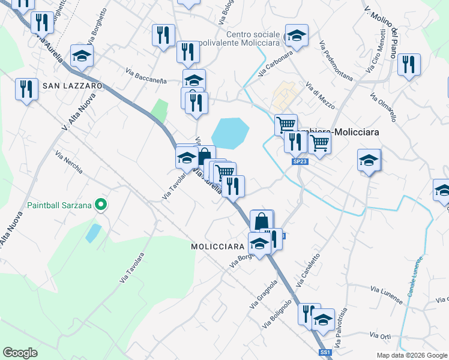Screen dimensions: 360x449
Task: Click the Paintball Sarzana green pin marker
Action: point(101,205)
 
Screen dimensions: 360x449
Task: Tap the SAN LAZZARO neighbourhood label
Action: point(72,86)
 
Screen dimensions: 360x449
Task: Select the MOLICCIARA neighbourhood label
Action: point(217,247)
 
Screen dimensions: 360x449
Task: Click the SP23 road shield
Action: point(300,161)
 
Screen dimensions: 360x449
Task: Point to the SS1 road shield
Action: point(325,352)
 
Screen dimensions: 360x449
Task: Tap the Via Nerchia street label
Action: point(69,162)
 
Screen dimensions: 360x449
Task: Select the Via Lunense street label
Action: point(385,290)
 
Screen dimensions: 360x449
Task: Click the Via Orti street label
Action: point(381,336)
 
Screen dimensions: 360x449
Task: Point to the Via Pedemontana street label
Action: point(337,61)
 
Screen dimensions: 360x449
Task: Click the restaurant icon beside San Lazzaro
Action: point(26,89)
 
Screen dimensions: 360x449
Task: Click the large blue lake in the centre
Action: point(229,133)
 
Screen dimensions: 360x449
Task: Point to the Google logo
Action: point(20,353)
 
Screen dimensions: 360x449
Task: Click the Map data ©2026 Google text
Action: point(412,355)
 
